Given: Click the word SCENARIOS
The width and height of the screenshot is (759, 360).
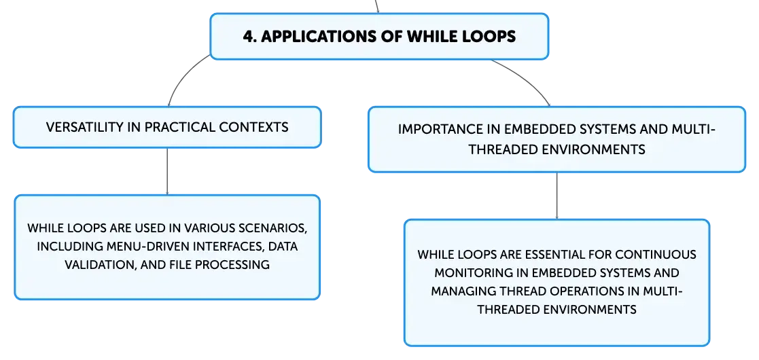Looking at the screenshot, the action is [x=272, y=228].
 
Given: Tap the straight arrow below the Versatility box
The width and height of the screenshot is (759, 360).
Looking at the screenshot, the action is [x=167, y=171].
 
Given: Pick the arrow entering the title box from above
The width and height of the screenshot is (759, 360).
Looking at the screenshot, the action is [x=377, y=6].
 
